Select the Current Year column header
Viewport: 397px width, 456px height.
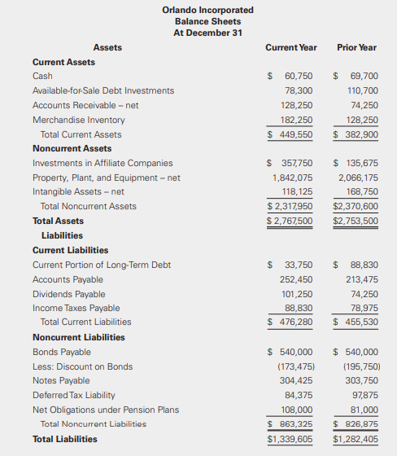click(291, 47)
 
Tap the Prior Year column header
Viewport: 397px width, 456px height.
click(356, 47)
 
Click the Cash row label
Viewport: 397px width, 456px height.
click(42, 76)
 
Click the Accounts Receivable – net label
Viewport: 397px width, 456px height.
click(85, 105)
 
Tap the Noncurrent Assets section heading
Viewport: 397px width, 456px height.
click(72, 148)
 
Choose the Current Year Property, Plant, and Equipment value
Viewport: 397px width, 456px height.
click(292, 178)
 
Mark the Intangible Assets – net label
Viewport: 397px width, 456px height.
click(78, 191)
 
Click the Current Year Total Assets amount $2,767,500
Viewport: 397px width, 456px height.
click(290, 221)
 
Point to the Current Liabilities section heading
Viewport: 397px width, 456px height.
click(70, 250)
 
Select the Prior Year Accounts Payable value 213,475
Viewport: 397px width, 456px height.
click(361, 279)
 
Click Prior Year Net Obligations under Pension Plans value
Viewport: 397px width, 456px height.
click(364, 410)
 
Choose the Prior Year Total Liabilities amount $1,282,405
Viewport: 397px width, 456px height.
click(356, 439)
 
